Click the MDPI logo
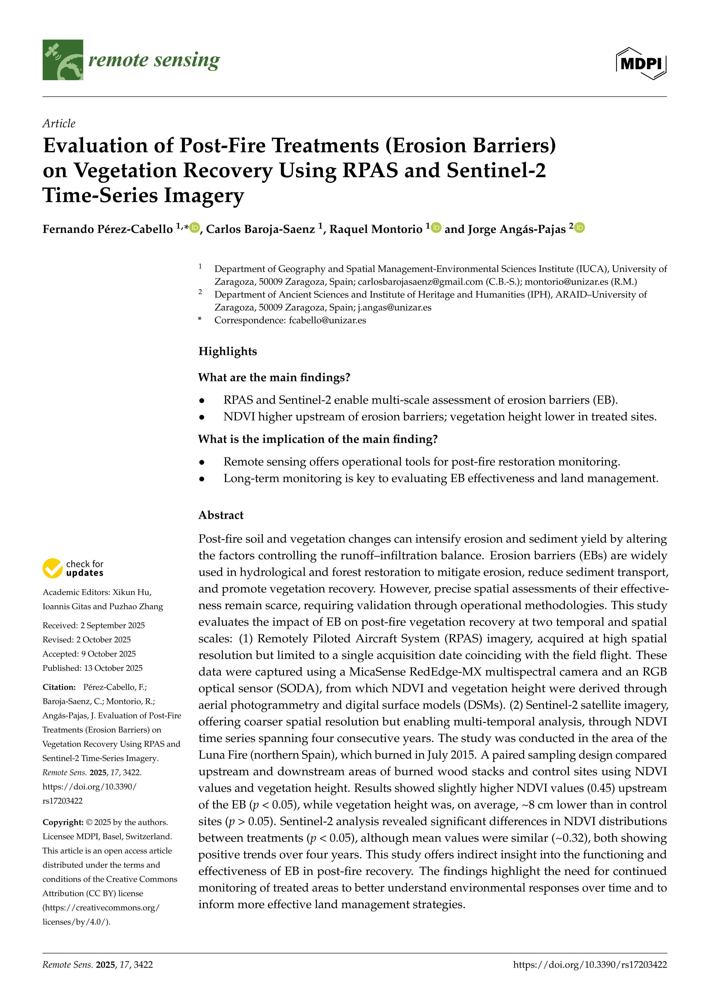pos(641,63)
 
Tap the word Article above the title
pos(59,123)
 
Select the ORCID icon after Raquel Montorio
pos(436,228)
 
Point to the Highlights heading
pos(227,351)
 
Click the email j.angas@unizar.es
pos(394,307)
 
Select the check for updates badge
pos(73,568)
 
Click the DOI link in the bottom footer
pos(590,964)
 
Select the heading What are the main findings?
pos(274,377)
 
